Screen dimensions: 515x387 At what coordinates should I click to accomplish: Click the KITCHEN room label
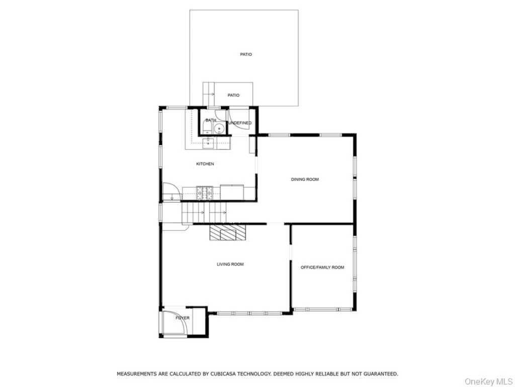tap(205, 164)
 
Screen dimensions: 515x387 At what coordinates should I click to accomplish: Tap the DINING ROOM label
tap(305, 179)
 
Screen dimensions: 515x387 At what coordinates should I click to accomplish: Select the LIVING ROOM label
tap(230, 264)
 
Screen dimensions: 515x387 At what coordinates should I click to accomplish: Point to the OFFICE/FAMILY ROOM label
tap(322, 267)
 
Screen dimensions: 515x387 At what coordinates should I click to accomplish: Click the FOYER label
tap(183, 318)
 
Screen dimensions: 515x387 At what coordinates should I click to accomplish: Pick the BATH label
tap(211, 120)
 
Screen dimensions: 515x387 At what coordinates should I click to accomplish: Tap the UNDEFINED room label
tap(240, 123)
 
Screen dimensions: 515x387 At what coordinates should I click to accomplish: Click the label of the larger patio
tap(246, 54)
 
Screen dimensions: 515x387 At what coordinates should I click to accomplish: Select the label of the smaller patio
tap(233, 95)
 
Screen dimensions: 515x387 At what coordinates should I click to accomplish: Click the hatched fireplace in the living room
tap(228, 232)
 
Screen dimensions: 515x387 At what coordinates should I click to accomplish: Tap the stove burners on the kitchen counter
tap(205, 192)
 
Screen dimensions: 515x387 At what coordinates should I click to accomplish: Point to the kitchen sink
tap(208, 144)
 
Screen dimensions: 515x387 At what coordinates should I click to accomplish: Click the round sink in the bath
tap(219, 128)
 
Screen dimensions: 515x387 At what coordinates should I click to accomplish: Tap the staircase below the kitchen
tap(204, 213)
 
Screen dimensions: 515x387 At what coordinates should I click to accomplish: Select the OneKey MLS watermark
tap(488, 381)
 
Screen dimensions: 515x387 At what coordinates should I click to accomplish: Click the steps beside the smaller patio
tap(209, 94)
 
